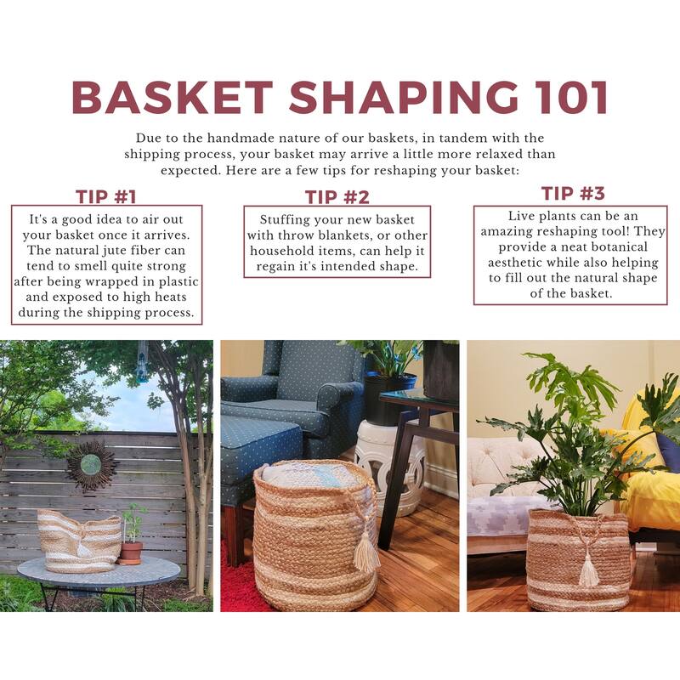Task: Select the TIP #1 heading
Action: (106, 196)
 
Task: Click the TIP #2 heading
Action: (337, 197)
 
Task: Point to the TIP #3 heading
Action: (573, 193)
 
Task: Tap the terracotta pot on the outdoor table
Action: (130, 552)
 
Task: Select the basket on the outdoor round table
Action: (78, 541)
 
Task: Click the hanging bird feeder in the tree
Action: (143, 362)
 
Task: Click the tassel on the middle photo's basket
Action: (366, 552)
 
